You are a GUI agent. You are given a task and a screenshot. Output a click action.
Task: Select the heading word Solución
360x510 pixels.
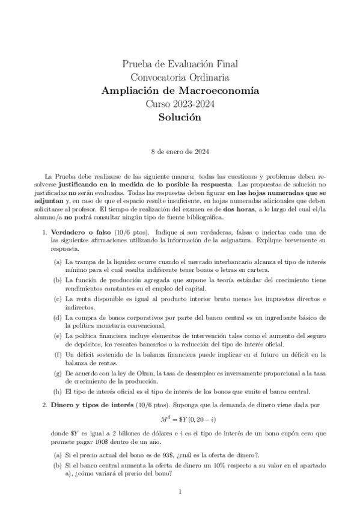[x=180, y=118]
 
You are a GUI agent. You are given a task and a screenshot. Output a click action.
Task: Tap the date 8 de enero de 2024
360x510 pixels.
[x=180, y=152]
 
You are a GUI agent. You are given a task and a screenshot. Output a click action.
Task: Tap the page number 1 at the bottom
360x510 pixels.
[x=180, y=493]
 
